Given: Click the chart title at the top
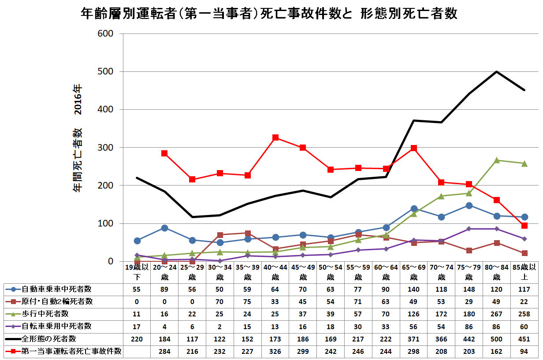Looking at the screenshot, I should [269, 14].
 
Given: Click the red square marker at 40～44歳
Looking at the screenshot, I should [275, 138].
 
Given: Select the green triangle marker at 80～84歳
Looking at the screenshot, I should [497, 160].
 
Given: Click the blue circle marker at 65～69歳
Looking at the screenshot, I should [413, 208].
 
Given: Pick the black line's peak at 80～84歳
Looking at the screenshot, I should [497, 71].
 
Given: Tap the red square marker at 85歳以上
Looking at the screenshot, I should [524, 226].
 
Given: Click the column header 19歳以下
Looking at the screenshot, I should [137, 272].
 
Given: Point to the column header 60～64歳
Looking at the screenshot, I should [386, 272].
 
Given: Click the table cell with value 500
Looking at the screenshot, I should [497, 339].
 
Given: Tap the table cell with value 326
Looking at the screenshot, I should [275, 351].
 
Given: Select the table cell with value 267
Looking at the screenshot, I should [497, 314].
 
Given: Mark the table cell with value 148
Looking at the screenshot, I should [469, 289].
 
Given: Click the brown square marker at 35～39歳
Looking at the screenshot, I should [248, 233].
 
